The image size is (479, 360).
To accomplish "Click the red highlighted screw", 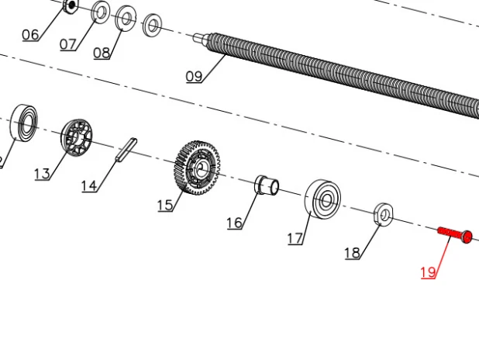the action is click(x=455, y=235).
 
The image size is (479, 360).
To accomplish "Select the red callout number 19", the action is click(x=428, y=272).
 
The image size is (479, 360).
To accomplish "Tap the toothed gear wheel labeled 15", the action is click(x=198, y=168).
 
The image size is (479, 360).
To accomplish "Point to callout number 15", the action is click(x=165, y=206).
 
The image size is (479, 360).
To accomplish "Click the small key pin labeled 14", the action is click(x=126, y=150).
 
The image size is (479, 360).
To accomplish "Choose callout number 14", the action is click(x=89, y=186).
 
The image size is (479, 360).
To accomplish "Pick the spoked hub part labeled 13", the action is click(x=77, y=137).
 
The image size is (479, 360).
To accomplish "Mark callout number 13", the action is click(x=42, y=174).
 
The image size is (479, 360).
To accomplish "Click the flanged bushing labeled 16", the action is click(x=267, y=185).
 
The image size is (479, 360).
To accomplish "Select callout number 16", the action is click(x=235, y=223).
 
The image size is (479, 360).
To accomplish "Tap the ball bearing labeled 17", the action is click(x=323, y=199).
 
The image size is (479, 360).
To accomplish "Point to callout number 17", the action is click(x=295, y=238).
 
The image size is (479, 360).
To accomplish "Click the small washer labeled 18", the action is click(x=384, y=214).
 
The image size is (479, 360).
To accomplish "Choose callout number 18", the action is click(x=352, y=253).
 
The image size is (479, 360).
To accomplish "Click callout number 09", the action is click(x=194, y=76).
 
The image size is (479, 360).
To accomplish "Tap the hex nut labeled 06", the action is click(x=71, y=5).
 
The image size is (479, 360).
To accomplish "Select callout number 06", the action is click(x=30, y=35).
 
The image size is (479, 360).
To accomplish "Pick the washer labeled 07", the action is click(x=101, y=12).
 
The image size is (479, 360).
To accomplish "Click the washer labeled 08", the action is click(x=126, y=19).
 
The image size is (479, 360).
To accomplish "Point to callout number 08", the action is click(x=102, y=53).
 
